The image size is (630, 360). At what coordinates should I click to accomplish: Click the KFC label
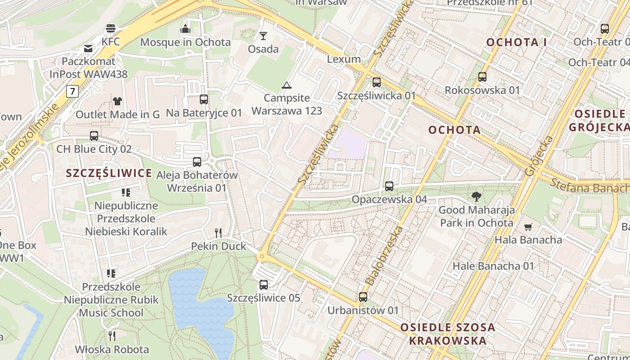(x=111, y=42)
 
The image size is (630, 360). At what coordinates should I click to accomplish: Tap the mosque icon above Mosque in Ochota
(x=185, y=29)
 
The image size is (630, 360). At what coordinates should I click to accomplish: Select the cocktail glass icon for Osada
(x=263, y=36)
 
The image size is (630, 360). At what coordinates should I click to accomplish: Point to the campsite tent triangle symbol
(x=287, y=85)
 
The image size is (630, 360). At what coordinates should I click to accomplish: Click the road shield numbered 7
(x=72, y=91)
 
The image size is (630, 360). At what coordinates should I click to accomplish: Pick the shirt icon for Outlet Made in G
(x=117, y=101)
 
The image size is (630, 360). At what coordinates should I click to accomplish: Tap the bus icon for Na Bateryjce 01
(x=204, y=99)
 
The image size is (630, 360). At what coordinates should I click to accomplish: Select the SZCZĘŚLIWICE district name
(x=109, y=173)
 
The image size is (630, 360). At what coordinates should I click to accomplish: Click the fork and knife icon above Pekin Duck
(x=218, y=233)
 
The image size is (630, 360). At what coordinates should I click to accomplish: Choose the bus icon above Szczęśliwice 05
(x=264, y=285)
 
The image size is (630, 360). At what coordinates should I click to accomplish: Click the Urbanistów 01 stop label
(x=363, y=310)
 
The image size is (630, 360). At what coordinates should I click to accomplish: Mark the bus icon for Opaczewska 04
(x=389, y=186)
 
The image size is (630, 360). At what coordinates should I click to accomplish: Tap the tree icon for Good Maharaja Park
(x=476, y=197)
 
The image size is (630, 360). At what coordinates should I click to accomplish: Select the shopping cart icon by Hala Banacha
(x=528, y=227)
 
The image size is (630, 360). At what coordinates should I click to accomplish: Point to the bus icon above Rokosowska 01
(x=482, y=77)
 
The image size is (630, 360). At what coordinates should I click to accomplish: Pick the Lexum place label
(x=344, y=59)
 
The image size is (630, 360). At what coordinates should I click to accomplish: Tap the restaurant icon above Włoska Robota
(x=112, y=336)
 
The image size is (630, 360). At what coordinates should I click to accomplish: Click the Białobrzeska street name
(x=384, y=256)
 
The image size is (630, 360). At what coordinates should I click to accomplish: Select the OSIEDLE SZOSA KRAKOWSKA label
(x=447, y=334)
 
